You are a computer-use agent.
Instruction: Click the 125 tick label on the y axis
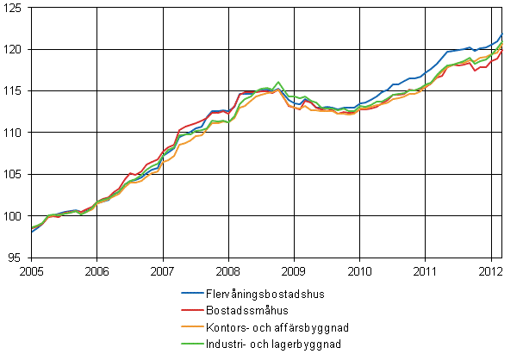(x=15, y=8)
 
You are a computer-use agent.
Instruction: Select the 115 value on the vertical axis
(x=15, y=90)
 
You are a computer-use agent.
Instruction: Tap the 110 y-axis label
(x=15, y=133)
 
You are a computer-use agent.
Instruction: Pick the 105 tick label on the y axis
(x=15, y=174)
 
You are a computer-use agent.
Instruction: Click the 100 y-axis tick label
(x=15, y=215)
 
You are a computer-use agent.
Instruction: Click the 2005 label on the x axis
(x=32, y=269)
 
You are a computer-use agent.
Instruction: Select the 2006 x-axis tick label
(x=97, y=269)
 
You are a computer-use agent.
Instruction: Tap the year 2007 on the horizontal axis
(x=163, y=269)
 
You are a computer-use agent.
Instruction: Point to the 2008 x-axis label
(x=228, y=269)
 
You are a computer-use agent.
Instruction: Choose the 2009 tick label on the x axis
(x=294, y=269)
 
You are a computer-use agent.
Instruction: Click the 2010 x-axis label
(x=359, y=269)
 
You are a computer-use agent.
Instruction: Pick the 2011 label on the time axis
(x=425, y=269)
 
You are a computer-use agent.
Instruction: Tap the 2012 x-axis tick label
(x=490, y=269)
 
